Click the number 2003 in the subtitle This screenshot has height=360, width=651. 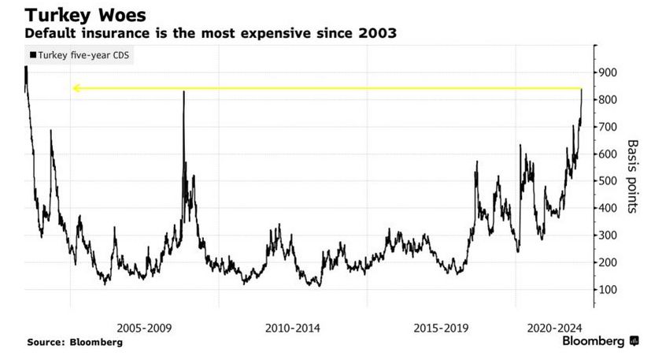pos(377,34)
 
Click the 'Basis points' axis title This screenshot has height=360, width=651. pos(632,176)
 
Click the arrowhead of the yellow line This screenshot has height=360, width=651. pos(76,88)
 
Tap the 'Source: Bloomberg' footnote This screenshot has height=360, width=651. pos(75,343)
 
